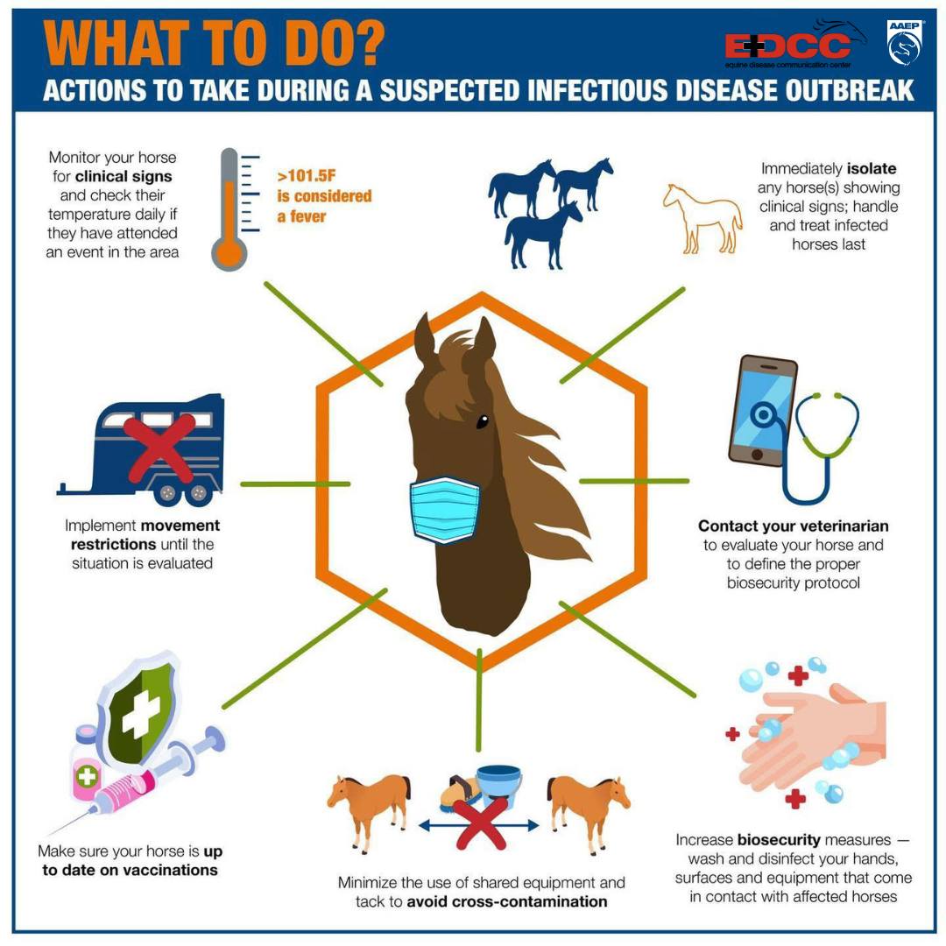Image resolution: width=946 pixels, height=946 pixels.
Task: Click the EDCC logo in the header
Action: [795, 45]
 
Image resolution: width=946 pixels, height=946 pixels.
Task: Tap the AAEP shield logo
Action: [904, 42]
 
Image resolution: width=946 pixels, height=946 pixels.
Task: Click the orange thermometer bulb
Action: [229, 253]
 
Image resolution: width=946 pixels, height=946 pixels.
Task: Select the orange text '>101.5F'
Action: [306, 175]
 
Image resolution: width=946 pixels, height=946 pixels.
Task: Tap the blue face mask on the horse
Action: [445, 508]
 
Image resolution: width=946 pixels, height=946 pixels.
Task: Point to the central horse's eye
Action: [482, 421]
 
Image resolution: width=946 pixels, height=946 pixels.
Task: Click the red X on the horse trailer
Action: [160, 448]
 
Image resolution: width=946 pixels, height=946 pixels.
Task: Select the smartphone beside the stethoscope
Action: [763, 410]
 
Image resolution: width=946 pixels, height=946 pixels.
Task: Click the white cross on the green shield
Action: [141, 712]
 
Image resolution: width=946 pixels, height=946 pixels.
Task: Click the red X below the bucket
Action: [480, 822]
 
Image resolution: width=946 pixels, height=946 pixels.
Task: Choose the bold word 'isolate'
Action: [872, 168]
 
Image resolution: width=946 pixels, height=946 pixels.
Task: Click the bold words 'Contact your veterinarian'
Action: [794, 526]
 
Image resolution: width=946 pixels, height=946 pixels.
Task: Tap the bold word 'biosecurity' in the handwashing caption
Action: [779, 839]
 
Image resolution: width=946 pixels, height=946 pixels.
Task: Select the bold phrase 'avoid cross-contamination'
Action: [507, 901]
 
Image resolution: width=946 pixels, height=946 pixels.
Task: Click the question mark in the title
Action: [366, 44]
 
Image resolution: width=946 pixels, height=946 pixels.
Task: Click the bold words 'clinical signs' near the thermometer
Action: [124, 176]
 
